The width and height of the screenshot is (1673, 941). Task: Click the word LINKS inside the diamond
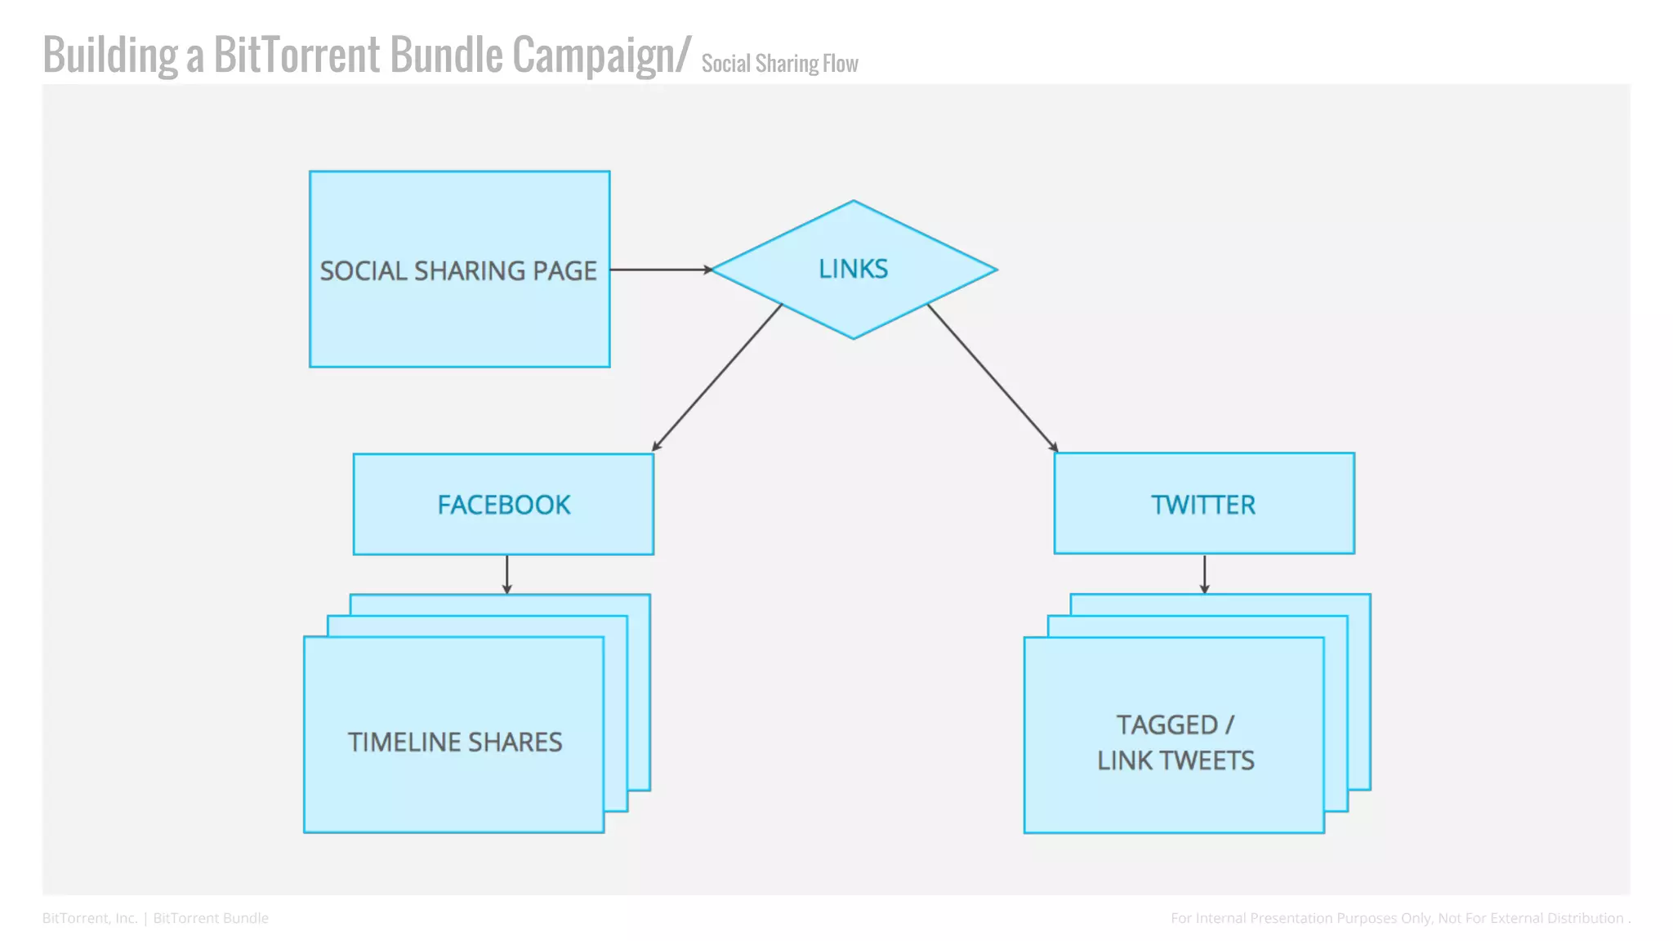tap(853, 269)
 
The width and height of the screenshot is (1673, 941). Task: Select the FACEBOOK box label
tap(503, 505)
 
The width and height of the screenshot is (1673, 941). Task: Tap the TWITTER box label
tap(1203, 505)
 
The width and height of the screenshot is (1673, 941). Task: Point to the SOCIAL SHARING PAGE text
tap(458, 270)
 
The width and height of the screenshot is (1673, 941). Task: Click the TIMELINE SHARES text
tap(455, 742)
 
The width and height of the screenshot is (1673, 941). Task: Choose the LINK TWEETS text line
tap(1176, 760)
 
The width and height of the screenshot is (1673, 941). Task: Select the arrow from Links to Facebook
tap(717, 377)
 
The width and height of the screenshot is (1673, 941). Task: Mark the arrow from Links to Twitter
tap(993, 377)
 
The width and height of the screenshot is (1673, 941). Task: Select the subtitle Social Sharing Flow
tap(779, 64)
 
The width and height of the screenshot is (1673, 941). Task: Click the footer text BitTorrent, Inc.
tap(90, 918)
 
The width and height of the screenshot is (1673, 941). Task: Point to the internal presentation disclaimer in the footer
tap(1399, 918)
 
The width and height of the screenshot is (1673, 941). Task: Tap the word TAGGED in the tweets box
tap(1167, 725)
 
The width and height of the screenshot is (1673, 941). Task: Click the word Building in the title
tap(110, 55)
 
